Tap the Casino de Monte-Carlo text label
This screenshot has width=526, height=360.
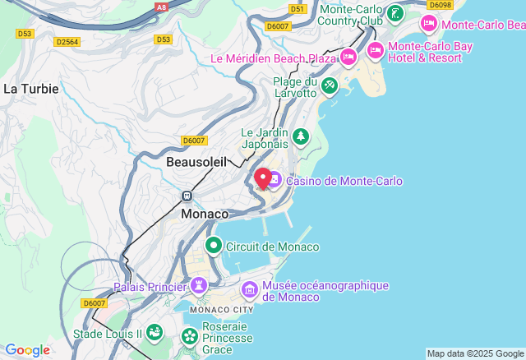(344, 181)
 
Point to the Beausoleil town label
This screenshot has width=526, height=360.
(196, 162)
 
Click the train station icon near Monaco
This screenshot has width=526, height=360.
(187, 196)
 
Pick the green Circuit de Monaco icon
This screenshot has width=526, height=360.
(214, 246)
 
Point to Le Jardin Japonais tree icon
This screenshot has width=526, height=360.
(301, 136)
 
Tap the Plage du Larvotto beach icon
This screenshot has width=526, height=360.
(329, 85)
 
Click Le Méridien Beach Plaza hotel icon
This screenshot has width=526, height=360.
(348, 58)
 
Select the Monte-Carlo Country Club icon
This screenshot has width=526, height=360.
(395, 13)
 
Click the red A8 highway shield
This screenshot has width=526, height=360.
(161, 6)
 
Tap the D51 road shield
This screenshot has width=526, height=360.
(297, 9)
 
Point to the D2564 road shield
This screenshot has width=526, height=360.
(67, 40)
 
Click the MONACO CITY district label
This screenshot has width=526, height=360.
(222, 310)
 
